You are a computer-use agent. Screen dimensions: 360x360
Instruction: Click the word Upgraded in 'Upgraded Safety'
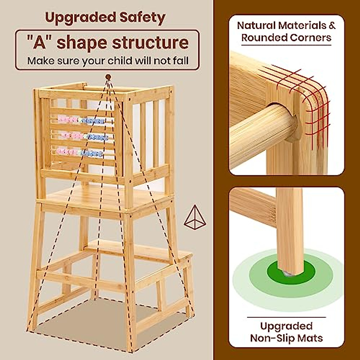tap(80, 18)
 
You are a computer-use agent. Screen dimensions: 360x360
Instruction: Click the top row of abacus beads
tap(81, 121)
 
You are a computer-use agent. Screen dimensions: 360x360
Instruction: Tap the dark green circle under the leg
tap(291, 271)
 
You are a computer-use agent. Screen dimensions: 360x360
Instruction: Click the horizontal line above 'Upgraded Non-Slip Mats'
tap(286, 317)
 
